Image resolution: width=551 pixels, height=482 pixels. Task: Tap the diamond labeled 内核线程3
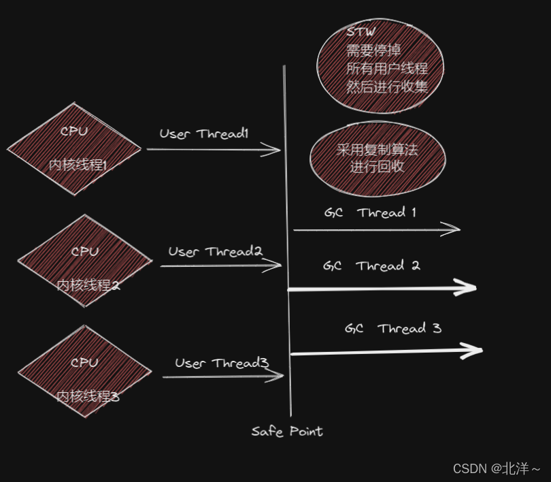85,379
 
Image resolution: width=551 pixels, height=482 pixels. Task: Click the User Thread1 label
204,134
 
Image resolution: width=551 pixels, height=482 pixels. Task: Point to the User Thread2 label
216,252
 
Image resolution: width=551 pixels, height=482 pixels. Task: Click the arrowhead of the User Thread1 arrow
276,150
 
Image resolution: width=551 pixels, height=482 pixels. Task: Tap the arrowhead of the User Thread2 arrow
277,266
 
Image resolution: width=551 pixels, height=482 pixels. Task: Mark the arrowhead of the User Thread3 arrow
278,376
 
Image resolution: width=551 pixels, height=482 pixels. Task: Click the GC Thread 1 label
370,212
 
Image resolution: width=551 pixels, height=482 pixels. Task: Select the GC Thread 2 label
371,266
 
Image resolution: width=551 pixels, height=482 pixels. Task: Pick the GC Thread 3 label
393,329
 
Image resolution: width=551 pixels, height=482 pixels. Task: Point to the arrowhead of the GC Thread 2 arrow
470,289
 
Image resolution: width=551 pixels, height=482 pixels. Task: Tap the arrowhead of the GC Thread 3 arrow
476,351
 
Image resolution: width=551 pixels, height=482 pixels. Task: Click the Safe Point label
286,432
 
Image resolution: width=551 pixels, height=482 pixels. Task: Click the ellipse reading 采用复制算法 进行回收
378,158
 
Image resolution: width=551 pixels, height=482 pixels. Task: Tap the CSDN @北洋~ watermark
497,469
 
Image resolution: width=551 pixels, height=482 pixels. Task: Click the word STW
361,32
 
